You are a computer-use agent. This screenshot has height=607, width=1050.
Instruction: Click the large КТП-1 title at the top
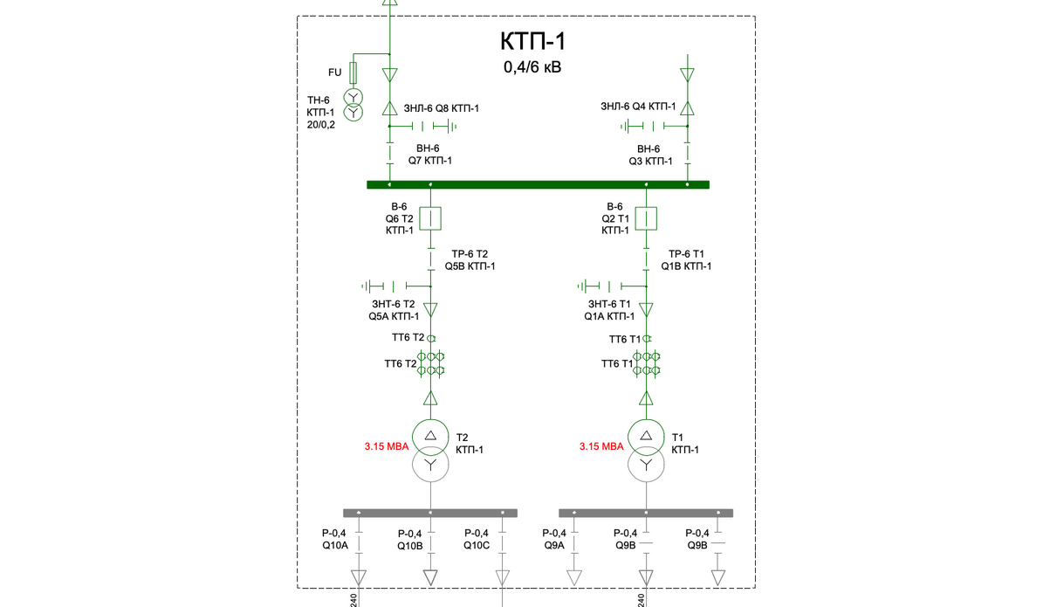[533, 41]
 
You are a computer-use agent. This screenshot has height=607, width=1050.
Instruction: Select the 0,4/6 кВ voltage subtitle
[532, 67]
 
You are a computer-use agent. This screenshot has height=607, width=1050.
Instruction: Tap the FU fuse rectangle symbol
[353, 72]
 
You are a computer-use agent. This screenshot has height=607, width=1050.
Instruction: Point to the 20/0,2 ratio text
[321, 125]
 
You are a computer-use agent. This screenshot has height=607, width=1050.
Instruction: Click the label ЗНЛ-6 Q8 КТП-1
[442, 108]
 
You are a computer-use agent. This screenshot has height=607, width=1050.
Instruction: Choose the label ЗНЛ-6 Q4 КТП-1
[638, 107]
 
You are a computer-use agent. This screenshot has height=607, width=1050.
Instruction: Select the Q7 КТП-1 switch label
[429, 161]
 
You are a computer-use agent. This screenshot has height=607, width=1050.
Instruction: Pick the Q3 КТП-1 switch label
[650, 162]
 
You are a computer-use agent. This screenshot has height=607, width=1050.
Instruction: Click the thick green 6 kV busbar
[538, 185]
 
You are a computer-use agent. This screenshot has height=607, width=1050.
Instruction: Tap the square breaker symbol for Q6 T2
[430, 218]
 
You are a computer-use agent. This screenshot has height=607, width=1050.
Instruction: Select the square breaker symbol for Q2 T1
[646, 218]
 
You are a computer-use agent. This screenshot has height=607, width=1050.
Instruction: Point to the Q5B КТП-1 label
[470, 266]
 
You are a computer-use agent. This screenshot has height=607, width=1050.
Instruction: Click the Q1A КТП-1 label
[609, 317]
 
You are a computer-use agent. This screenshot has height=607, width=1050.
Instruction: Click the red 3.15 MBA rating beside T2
[387, 446]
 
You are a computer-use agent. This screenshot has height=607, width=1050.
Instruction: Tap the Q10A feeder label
[335, 546]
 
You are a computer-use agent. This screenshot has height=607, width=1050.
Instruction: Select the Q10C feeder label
[477, 546]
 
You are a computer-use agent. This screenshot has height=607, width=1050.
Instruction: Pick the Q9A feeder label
[554, 546]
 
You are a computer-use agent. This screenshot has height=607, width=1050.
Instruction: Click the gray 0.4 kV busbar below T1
[646, 514]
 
